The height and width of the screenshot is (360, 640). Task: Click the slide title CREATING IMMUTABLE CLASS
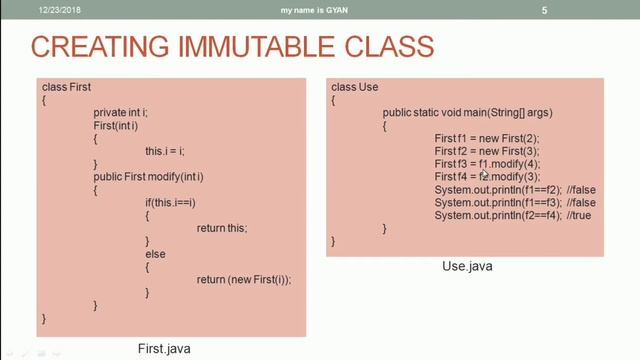pyautogui.click(x=232, y=47)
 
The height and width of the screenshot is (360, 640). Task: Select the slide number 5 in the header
pyautogui.click(x=545, y=10)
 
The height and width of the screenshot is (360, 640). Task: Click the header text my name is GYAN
pyautogui.click(x=320, y=10)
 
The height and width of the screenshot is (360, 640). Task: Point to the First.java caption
pyautogui.click(x=164, y=348)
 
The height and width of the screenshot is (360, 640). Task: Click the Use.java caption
pyautogui.click(x=467, y=267)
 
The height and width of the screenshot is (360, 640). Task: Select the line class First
pyautogui.click(x=67, y=88)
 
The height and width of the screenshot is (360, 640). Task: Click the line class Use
pyautogui.click(x=355, y=88)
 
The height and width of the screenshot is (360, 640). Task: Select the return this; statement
pyautogui.click(x=222, y=228)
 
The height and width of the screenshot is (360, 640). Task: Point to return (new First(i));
pyautogui.click(x=244, y=280)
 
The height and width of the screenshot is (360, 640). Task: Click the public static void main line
pyautogui.click(x=468, y=113)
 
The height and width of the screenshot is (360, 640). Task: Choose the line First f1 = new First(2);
pyautogui.click(x=487, y=137)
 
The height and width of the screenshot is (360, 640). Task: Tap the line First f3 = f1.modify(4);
pyautogui.click(x=488, y=163)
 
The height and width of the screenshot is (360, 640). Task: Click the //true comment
pyautogui.click(x=584, y=215)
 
